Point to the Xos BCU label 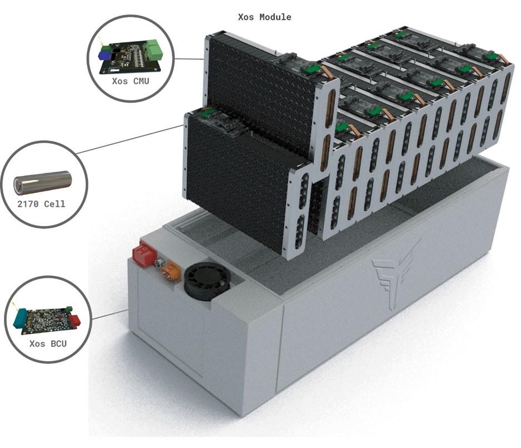[x=48, y=344]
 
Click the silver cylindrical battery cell [x=43, y=182]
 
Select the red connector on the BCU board [x=74, y=320]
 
